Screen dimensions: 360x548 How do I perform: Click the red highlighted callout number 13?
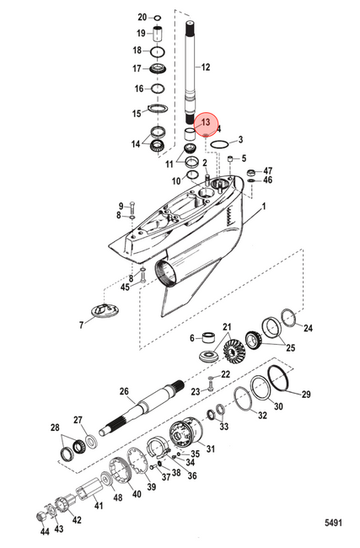(206, 122)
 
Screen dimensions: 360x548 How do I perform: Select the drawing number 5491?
(333, 523)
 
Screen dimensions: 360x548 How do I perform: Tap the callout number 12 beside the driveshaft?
(206, 67)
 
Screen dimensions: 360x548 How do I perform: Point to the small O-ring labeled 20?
(158, 18)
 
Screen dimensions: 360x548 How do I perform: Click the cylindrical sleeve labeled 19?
(158, 34)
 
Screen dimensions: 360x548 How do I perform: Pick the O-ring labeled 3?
(220, 144)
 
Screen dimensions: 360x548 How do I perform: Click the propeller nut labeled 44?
(41, 516)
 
